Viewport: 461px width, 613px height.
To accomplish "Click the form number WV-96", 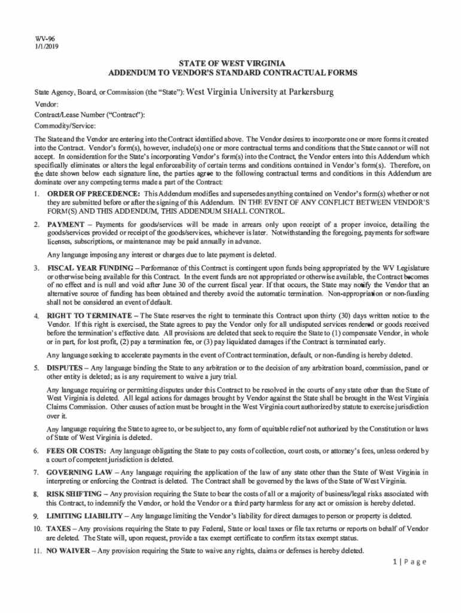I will coord(43,38).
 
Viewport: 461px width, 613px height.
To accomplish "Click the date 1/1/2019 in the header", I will coord(46,46).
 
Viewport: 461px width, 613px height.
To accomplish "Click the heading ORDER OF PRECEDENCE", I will coord(93,194).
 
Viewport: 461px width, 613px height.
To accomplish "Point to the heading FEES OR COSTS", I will coord(77,450).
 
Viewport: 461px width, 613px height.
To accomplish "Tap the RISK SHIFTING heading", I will coord(75,494).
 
